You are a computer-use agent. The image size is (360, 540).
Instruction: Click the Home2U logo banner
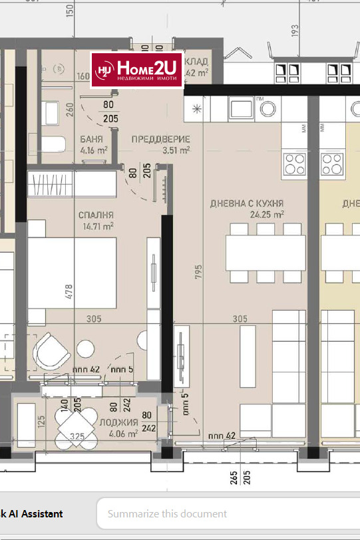138,70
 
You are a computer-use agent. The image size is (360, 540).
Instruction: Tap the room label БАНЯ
91,140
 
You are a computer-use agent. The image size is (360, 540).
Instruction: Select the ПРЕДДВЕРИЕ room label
160,140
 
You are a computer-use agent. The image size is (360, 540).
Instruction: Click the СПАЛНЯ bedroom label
96,215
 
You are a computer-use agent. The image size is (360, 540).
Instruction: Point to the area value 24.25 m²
268,215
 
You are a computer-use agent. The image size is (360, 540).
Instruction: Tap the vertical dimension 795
196,275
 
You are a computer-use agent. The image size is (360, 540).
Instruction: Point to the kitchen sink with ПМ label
240,106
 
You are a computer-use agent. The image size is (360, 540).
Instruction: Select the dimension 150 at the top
69,11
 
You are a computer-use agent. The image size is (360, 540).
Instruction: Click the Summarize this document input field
226,513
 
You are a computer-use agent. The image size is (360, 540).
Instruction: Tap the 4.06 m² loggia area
123,433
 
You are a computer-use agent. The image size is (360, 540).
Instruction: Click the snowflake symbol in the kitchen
197,108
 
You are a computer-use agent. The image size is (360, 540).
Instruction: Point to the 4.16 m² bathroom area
94,150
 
